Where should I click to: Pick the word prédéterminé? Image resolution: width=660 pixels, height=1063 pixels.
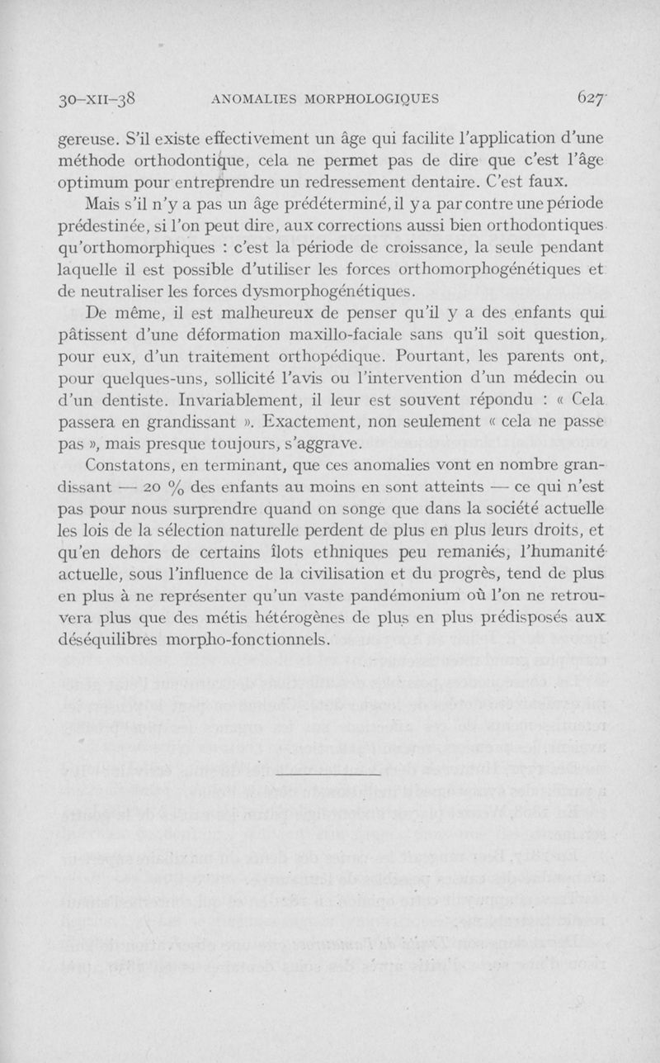click(x=369, y=203)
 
